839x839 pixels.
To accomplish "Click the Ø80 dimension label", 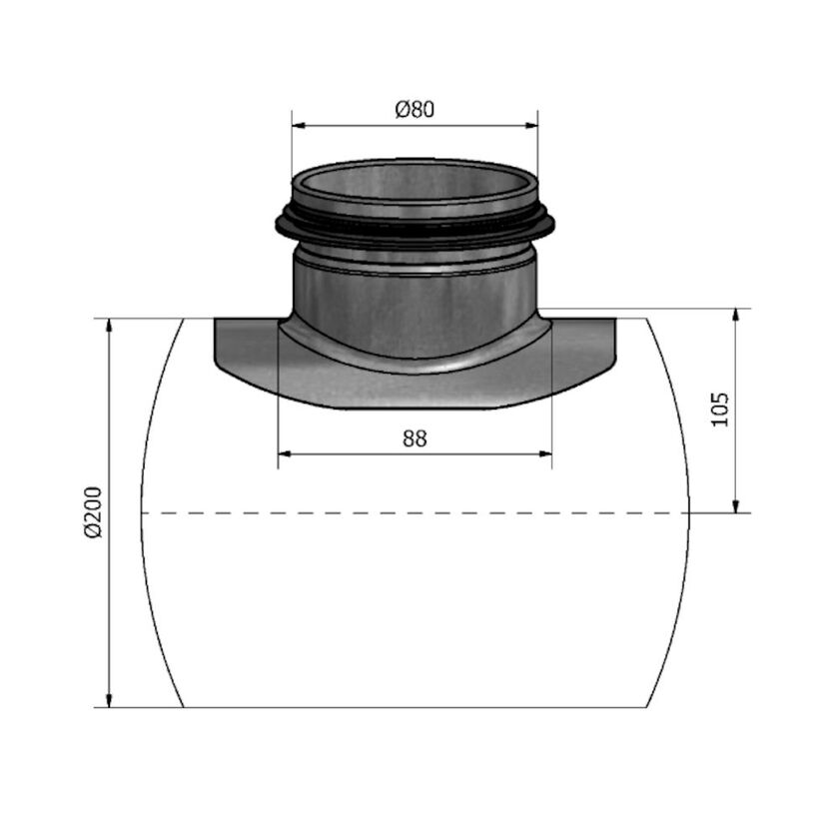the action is pyautogui.click(x=415, y=109).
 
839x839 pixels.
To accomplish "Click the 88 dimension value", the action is pyautogui.click(x=415, y=438).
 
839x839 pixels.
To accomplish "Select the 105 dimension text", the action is pyautogui.click(x=721, y=410).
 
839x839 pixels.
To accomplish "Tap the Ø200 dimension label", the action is pyautogui.click(x=93, y=512).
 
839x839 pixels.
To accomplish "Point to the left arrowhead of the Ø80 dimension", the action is pyautogui.click(x=298, y=126).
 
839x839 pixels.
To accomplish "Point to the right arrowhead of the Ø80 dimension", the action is pyautogui.click(x=531, y=126).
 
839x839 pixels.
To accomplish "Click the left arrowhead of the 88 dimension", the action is pyautogui.click(x=285, y=454).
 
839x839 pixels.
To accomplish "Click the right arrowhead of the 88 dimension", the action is pyautogui.click(x=545, y=454).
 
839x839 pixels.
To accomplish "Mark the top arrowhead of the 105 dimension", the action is pyautogui.click(x=736, y=316).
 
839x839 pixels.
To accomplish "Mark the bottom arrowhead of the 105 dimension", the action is pyautogui.click(x=736, y=506).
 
